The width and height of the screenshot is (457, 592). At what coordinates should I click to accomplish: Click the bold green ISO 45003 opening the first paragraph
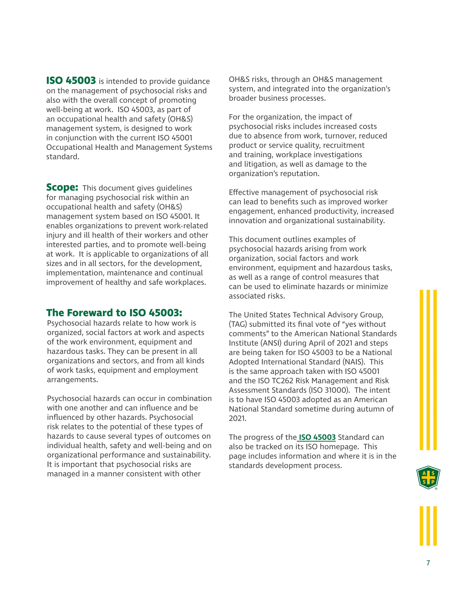click(71, 80)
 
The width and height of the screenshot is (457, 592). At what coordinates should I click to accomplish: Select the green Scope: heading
click(62, 187)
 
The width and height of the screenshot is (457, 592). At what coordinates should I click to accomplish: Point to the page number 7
click(428, 563)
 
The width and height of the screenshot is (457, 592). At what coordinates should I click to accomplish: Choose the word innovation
click(247, 221)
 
